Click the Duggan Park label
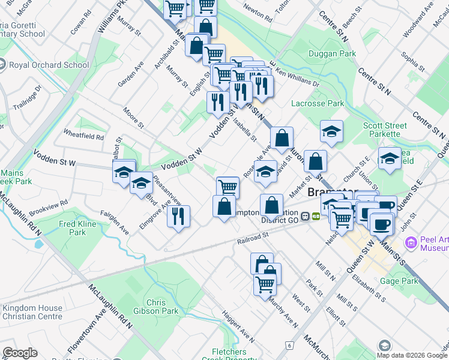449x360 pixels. click(x=331, y=54)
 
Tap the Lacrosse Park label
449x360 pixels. click(x=318, y=103)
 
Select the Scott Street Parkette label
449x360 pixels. click(x=385, y=130)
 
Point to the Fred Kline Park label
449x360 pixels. click(x=75, y=228)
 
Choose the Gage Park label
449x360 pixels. click(x=398, y=281)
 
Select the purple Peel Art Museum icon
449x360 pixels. click(x=411, y=242)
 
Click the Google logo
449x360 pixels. click(x=20, y=353)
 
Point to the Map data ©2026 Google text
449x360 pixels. click(x=411, y=355)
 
